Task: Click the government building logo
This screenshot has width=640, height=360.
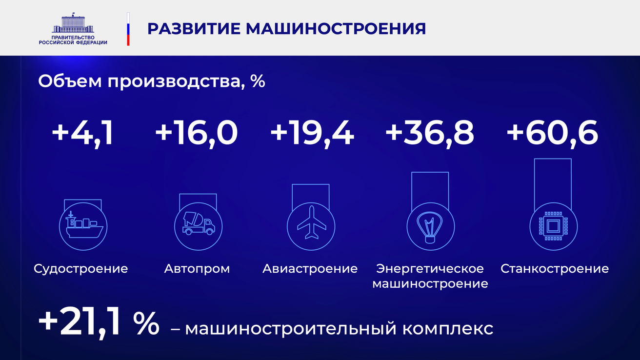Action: tap(73, 22)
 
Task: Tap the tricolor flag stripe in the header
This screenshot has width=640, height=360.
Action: tap(128, 29)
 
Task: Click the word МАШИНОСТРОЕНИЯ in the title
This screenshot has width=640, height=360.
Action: tap(336, 29)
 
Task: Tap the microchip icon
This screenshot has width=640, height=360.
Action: tap(554, 226)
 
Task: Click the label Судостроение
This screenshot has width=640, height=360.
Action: tap(81, 269)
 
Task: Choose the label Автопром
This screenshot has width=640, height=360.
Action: tap(197, 269)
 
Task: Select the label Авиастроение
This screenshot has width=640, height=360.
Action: tap(310, 269)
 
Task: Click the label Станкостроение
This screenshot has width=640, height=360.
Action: tap(555, 269)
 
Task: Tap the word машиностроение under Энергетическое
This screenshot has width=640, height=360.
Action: tap(430, 284)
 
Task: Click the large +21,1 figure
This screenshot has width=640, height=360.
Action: tap(79, 324)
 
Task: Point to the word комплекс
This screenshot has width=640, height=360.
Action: tap(448, 329)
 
